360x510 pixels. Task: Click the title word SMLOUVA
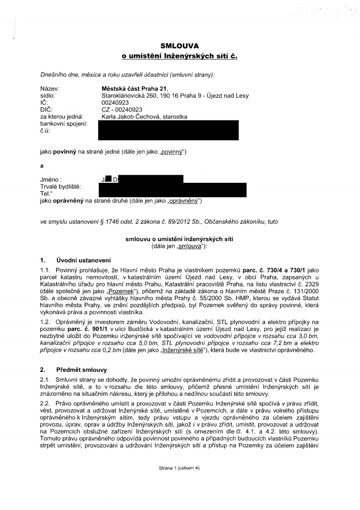tap(180, 46)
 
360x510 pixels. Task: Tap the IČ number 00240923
tap(115, 103)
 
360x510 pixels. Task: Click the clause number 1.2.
tap(46, 314)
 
